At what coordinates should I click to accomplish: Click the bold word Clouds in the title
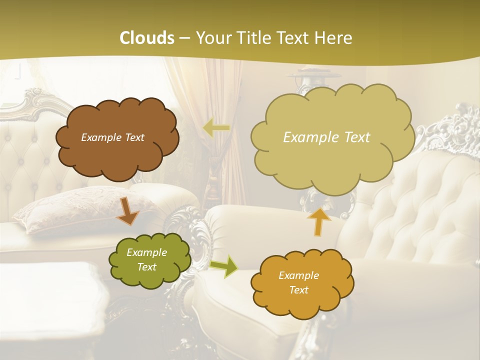click(147, 38)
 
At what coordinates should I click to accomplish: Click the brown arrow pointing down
click(127, 210)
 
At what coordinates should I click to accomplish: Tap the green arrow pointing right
click(224, 266)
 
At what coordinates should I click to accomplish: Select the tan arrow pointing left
click(216, 128)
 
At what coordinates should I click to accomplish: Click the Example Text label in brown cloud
click(112, 137)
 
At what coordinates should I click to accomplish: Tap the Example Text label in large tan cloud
click(326, 137)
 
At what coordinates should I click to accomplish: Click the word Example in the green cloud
click(146, 252)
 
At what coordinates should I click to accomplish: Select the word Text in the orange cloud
click(298, 290)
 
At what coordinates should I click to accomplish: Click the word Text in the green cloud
click(146, 267)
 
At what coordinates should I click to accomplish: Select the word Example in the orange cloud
click(298, 275)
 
